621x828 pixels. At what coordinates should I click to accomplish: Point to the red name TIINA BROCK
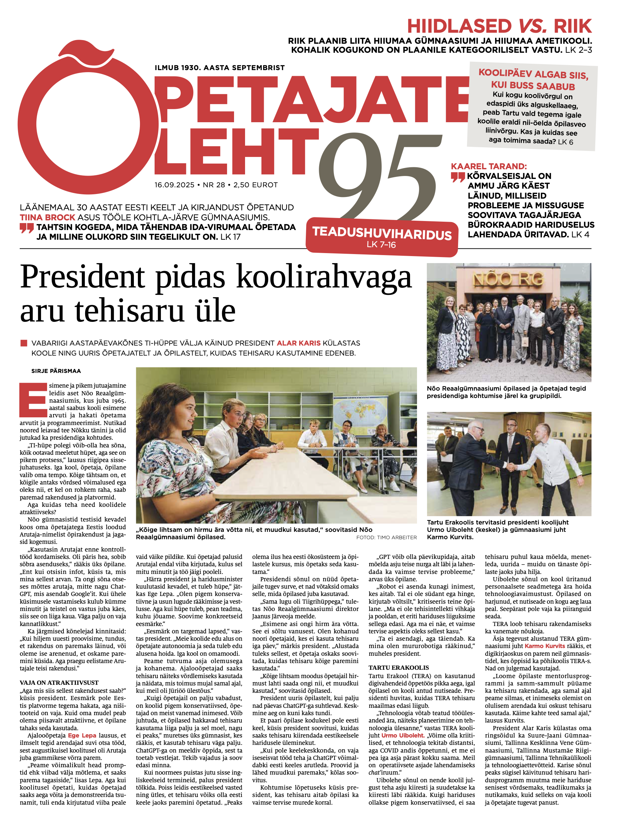pyautogui.click(x=47, y=217)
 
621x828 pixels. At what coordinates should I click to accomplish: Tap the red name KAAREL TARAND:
pyautogui.click(x=488, y=167)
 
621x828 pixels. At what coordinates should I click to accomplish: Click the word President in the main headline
pyautogui.click(x=82, y=277)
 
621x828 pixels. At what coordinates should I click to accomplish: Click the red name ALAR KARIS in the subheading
pyautogui.click(x=298, y=343)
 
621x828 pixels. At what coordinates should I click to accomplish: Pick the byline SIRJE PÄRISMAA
pyautogui.click(x=56, y=371)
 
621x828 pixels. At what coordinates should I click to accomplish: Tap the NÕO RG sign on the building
pyautogui.click(x=508, y=280)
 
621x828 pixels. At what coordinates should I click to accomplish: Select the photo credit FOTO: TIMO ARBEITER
pyautogui.click(x=386, y=538)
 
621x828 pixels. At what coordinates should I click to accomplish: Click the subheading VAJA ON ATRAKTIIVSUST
pyautogui.click(x=59, y=683)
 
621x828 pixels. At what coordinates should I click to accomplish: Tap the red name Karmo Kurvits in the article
pyautogui.click(x=545, y=646)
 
